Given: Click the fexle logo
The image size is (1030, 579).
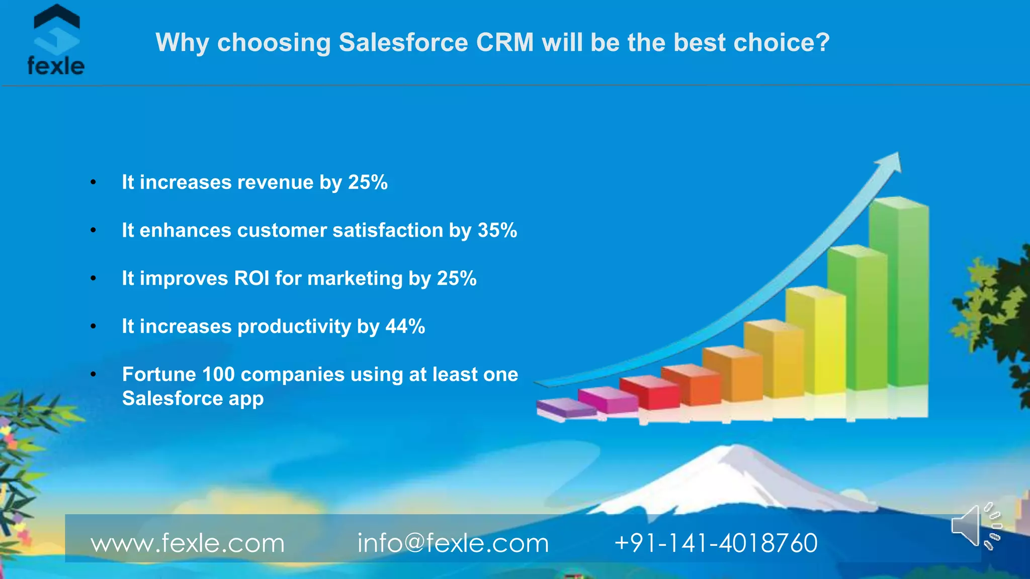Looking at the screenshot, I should click(x=56, y=40).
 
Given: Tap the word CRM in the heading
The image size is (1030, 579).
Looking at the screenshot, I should click(x=504, y=42).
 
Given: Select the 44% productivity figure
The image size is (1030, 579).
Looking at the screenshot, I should click(x=405, y=327).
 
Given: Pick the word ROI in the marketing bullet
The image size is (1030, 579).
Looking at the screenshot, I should click(x=251, y=278).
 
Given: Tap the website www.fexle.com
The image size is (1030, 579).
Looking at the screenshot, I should click(x=187, y=543).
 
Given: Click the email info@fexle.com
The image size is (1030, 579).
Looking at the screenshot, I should click(x=453, y=543).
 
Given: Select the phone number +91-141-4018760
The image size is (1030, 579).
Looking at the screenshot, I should click(x=716, y=543).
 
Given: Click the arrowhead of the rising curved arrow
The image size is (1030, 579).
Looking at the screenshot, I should click(x=891, y=163).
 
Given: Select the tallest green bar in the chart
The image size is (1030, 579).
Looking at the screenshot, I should click(x=899, y=292).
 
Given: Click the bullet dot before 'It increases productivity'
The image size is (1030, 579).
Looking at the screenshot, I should click(x=93, y=327).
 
